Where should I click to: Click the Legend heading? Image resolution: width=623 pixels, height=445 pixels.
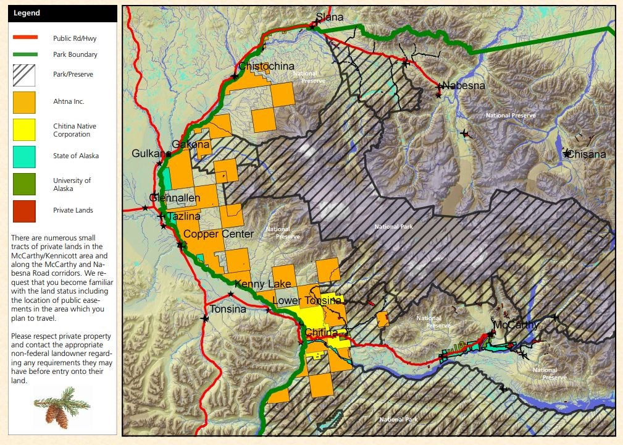27,13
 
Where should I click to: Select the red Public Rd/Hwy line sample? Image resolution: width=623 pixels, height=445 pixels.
25,38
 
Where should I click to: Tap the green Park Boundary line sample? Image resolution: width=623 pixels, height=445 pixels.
25,54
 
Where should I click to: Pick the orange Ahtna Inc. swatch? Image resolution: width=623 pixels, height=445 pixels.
25,102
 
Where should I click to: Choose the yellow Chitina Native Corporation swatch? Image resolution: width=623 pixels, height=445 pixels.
25,130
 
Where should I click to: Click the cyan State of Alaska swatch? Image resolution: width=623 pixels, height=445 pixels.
25,156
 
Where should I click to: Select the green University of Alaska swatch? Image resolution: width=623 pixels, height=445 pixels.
25,184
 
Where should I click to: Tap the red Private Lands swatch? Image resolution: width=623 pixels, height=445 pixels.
25,211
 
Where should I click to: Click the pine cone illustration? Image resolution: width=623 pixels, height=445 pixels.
57,409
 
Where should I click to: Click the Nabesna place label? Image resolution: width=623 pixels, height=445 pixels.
464,86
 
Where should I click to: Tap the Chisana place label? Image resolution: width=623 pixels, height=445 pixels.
587,155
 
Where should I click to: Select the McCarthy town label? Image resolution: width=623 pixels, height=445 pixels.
515,324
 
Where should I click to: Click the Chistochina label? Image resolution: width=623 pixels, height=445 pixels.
266,67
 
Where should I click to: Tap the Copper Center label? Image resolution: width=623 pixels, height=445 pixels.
219,234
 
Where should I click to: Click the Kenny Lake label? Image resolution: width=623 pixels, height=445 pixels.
262,284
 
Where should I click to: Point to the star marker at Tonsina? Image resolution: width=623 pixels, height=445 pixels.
204,318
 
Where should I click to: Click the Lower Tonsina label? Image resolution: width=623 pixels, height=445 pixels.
307,300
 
